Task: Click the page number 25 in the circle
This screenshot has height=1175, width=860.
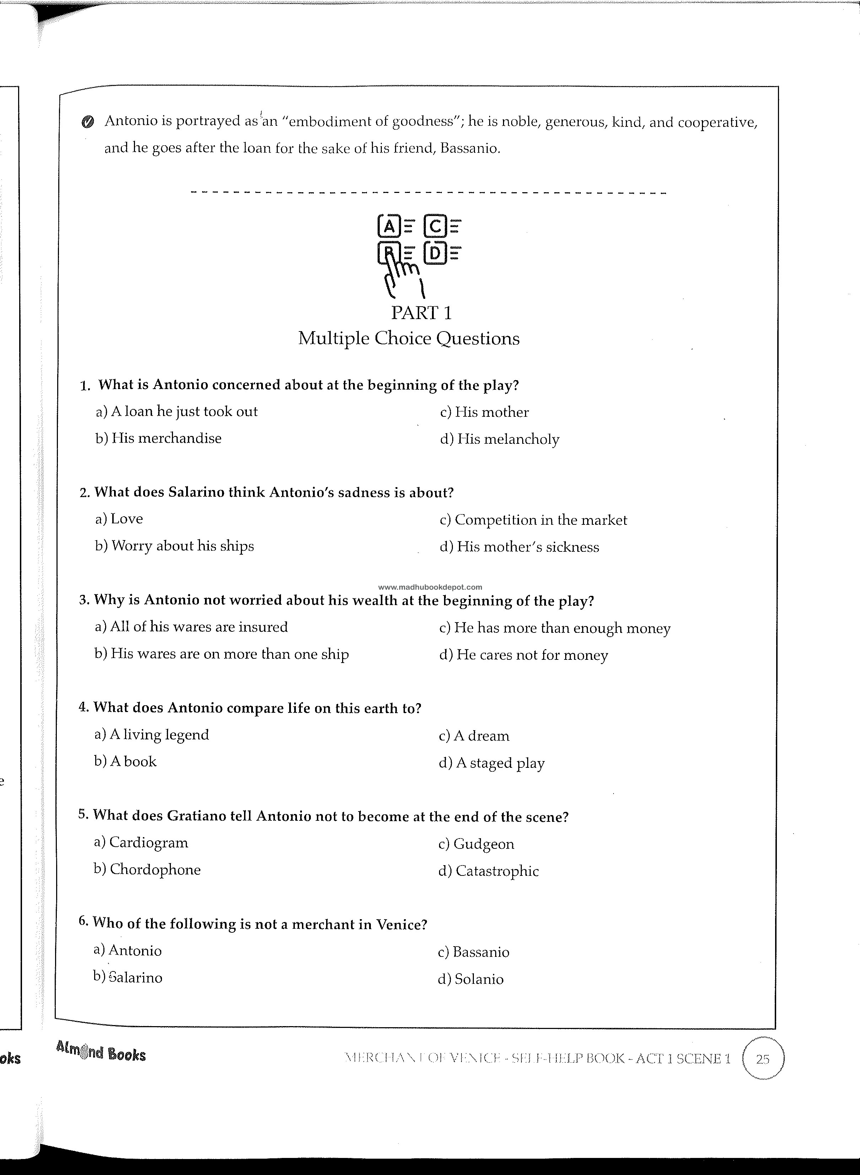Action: pyautogui.click(x=763, y=1059)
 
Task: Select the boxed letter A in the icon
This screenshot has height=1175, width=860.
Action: pyautogui.click(x=388, y=226)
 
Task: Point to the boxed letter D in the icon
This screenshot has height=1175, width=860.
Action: pyautogui.click(x=435, y=254)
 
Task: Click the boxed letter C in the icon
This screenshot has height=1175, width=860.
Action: pyautogui.click(x=435, y=226)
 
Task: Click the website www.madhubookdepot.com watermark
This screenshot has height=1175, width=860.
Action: pyautogui.click(x=430, y=587)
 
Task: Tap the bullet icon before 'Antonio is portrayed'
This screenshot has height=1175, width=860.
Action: pyautogui.click(x=88, y=122)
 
